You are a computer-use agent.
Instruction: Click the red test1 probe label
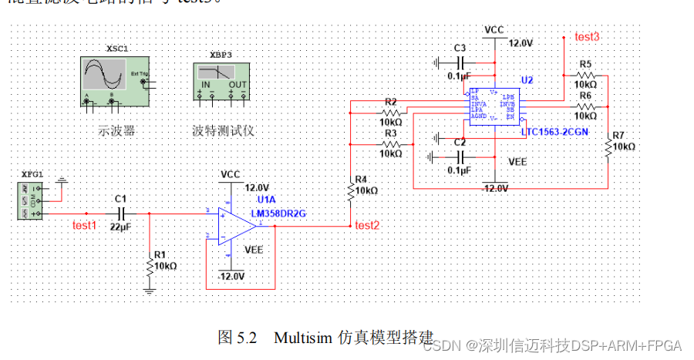(x=85, y=225)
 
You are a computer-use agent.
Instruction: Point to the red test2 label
(x=367, y=225)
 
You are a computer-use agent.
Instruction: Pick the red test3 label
(x=587, y=36)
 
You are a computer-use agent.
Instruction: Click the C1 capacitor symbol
(x=120, y=213)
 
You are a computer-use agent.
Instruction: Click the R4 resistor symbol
(x=352, y=188)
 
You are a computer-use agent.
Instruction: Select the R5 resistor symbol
(x=585, y=75)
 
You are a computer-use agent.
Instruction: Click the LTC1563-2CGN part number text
(x=555, y=132)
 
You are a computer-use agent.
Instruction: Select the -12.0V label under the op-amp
(x=231, y=276)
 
